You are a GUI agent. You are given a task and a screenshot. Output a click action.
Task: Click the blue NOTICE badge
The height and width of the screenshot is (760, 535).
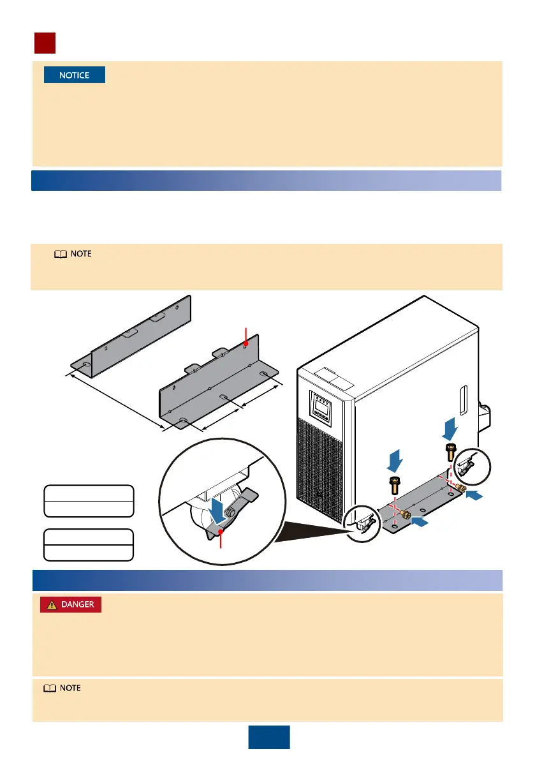click(74, 75)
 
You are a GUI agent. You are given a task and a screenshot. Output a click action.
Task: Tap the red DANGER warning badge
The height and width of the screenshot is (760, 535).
click(70, 604)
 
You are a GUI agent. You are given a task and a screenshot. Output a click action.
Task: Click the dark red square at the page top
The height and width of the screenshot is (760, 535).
click(45, 43)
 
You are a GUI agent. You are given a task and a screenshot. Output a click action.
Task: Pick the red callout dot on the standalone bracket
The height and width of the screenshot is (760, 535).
click(246, 345)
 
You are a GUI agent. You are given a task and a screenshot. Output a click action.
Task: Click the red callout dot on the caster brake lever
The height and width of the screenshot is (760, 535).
click(220, 531)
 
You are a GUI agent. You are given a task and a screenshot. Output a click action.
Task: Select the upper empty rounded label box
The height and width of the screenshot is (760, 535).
click(89, 500)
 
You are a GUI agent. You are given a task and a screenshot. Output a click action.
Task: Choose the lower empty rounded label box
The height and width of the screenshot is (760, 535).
click(89, 544)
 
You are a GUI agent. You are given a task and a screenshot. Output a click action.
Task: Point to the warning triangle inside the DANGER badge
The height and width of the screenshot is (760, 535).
click(50, 604)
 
